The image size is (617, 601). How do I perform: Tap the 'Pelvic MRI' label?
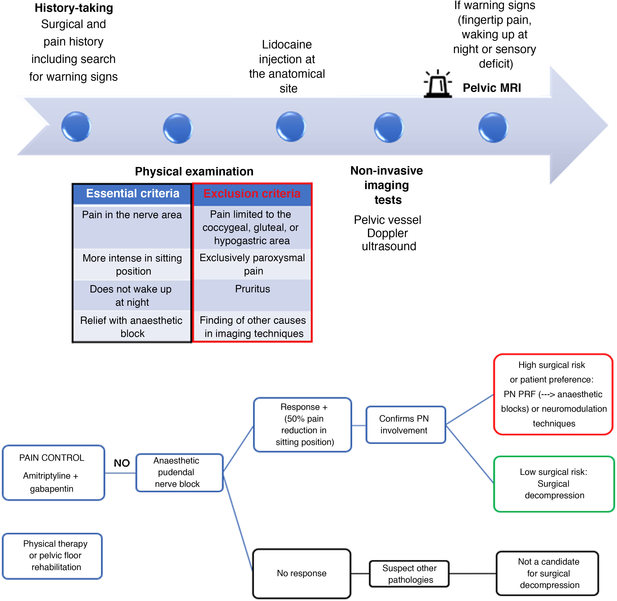click(492, 88)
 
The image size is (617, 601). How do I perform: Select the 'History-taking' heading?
click(74, 8)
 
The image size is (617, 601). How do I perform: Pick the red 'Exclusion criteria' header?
click(252, 194)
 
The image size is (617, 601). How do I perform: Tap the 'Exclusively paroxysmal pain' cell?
click(252, 264)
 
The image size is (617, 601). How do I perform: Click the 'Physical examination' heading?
click(194, 171)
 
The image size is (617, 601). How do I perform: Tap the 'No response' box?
click(302, 573)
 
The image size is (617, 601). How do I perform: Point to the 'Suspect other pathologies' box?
click(409, 574)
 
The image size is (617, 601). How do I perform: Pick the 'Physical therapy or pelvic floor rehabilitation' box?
click(52, 556)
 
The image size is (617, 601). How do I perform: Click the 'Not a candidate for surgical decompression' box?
click(548, 573)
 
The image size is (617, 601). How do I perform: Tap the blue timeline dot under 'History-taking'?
click(76, 127)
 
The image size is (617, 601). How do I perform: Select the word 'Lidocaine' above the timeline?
click(287, 44)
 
